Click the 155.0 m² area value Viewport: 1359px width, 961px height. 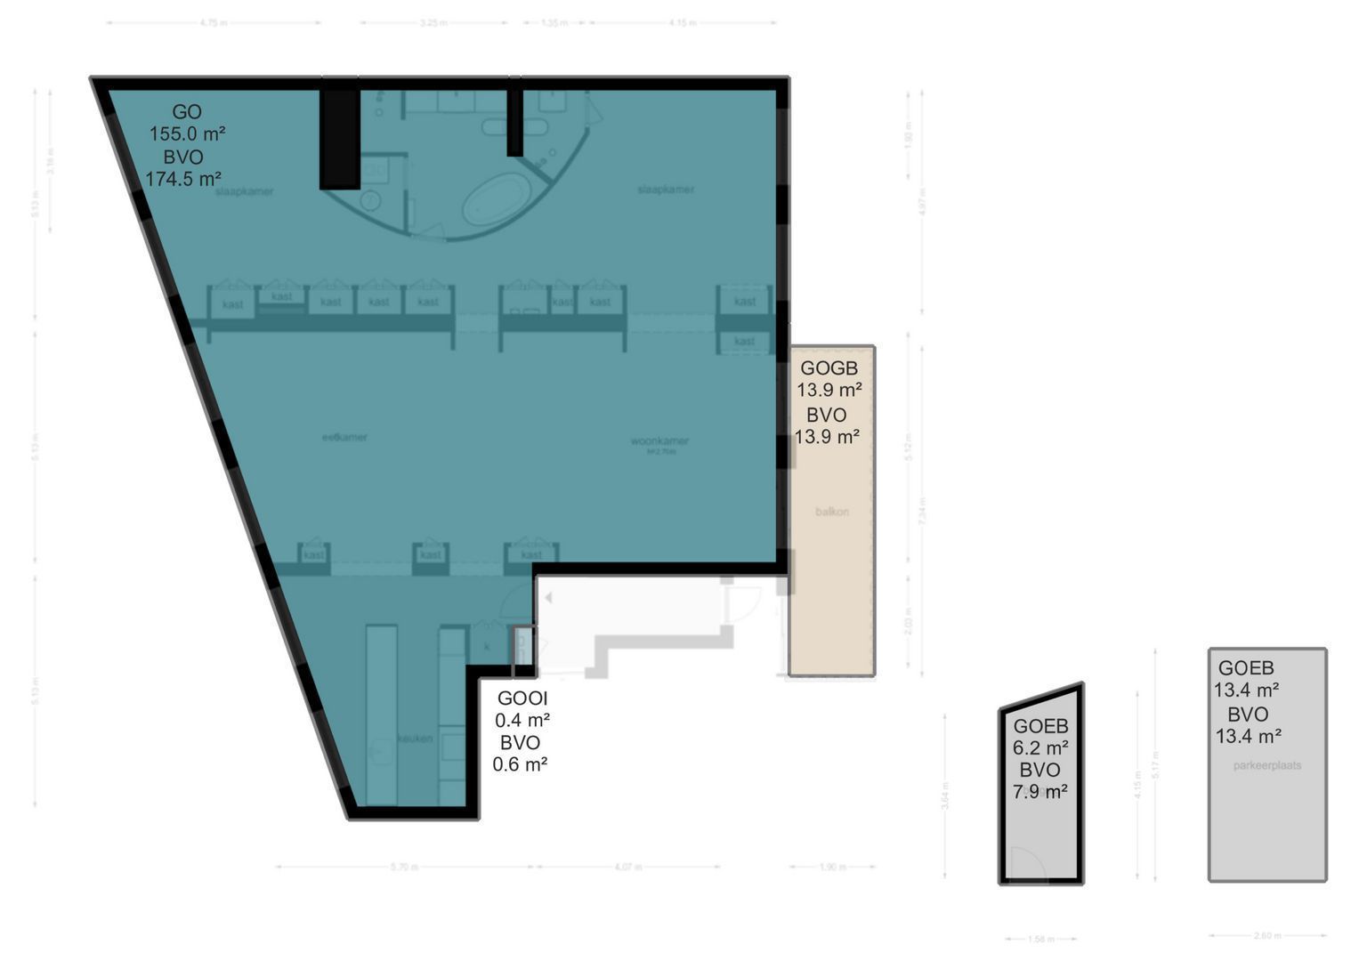(187, 134)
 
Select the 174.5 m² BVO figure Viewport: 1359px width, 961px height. (183, 179)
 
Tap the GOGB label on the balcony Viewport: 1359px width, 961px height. (829, 368)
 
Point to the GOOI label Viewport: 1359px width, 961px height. (522, 699)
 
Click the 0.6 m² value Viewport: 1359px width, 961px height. (520, 763)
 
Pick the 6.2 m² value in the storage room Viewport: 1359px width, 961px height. (1040, 747)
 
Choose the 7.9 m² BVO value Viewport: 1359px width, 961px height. (1040, 791)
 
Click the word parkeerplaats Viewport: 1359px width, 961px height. (1267, 765)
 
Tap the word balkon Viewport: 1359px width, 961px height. (832, 512)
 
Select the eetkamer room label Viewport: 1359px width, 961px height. (344, 437)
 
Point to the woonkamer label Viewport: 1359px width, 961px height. (659, 440)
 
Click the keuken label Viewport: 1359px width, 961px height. (415, 739)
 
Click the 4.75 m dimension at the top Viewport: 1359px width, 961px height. (214, 23)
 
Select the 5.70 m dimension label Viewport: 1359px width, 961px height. (404, 867)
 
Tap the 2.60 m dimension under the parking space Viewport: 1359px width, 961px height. (1267, 935)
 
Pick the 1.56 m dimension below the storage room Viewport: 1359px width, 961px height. (1040, 939)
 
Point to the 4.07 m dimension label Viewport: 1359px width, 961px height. (628, 867)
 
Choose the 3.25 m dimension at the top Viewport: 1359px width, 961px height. (433, 23)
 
